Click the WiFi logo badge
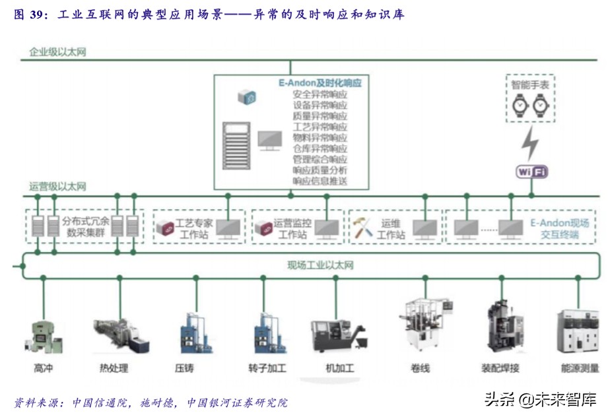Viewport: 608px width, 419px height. [x=531, y=172]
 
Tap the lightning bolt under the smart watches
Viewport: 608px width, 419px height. [x=530, y=141]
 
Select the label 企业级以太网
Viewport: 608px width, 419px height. [x=57, y=51]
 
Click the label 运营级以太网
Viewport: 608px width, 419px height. [x=57, y=187]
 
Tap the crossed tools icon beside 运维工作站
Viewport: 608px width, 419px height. [x=362, y=228]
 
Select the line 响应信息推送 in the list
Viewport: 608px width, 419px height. [x=320, y=181]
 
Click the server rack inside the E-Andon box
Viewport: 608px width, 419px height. [x=236, y=145]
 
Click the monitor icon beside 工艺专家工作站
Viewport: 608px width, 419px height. [x=228, y=228]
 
